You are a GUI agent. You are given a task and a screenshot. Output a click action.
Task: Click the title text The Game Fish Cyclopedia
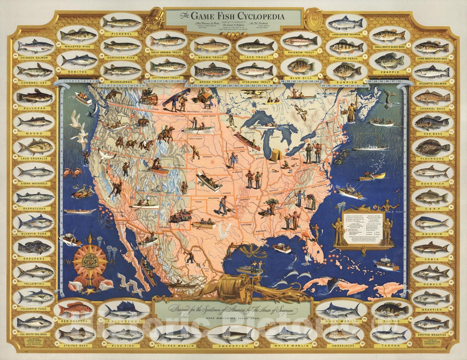click(232, 16)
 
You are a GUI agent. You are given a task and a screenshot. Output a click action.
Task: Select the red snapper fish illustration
click(74, 309)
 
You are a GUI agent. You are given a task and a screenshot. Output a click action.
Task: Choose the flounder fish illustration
click(432, 148)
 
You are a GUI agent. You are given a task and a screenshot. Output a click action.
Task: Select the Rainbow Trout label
click(301, 53)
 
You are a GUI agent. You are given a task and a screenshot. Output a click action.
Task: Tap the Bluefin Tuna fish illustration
click(35, 221)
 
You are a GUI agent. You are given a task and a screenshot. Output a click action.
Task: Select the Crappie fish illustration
click(389, 61)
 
